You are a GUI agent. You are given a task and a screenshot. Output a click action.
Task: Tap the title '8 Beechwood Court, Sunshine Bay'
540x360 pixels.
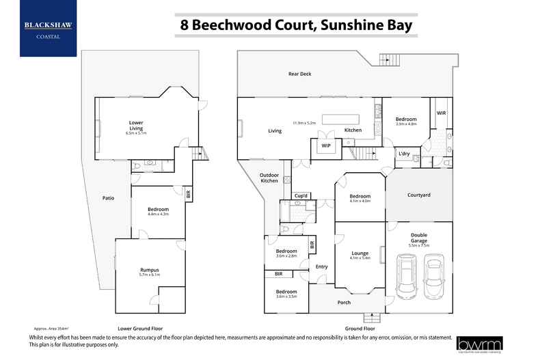(296, 25)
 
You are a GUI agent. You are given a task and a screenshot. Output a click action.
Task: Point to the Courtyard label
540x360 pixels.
(418, 195)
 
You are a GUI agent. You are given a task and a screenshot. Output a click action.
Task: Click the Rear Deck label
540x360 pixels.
(299, 74)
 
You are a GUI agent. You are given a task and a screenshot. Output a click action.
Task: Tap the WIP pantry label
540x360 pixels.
(326, 146)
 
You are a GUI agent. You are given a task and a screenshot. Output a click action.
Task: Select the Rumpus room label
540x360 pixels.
(149, 271)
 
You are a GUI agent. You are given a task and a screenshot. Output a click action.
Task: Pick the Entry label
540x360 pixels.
(321, 266)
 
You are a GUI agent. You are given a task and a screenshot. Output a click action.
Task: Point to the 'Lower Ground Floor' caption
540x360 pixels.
(140, 329)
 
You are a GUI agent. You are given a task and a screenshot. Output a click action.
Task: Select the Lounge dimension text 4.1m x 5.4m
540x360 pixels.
(360, 258)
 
